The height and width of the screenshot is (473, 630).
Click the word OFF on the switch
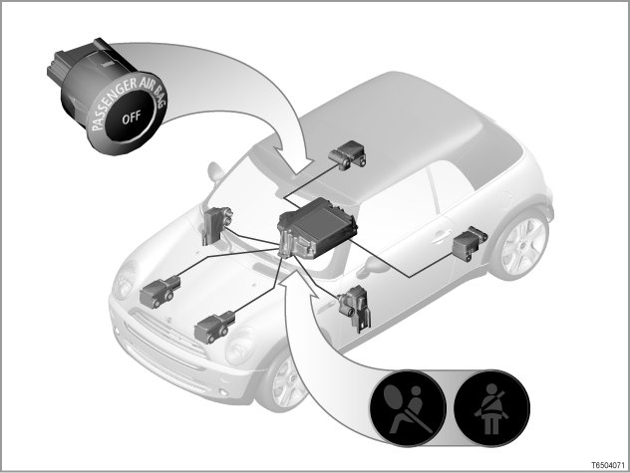(132, 118)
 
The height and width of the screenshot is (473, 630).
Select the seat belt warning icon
(491, 407)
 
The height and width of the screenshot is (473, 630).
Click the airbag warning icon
(408, 407)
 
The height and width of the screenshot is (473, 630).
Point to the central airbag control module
(317, 228)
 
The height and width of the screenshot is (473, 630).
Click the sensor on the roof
(347, 154)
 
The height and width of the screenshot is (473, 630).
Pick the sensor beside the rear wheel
(470, 243)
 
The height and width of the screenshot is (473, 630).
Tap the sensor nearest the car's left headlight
(159, 292)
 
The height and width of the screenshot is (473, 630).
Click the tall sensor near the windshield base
(217, 225)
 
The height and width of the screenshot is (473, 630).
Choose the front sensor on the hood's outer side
(214, 327)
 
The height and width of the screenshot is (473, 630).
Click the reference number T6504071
(608, 466)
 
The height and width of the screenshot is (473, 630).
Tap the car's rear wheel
(523, 245)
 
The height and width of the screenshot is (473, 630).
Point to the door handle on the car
(440, 236)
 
